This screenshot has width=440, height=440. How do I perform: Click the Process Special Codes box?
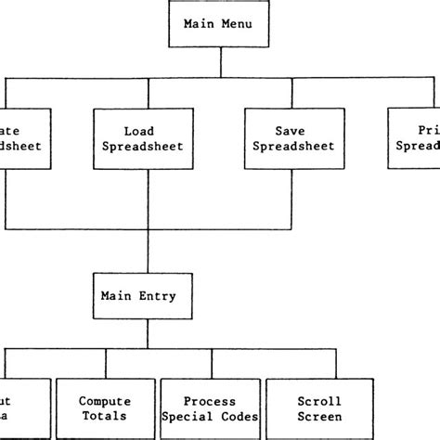point(209,408)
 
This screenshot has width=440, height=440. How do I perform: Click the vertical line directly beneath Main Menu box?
point(219,62)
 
